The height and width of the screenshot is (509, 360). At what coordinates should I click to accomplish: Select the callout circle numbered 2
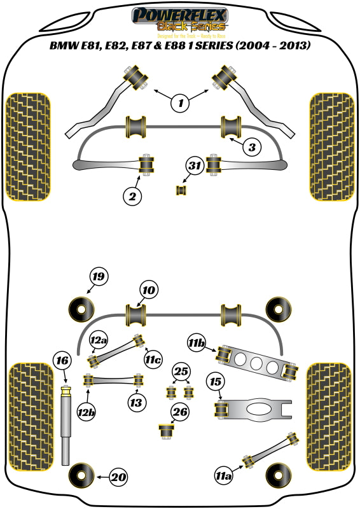pyautogui.click(x=132, y=197)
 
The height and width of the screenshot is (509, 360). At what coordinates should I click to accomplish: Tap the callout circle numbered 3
pyautogui.click(x=252, y=148)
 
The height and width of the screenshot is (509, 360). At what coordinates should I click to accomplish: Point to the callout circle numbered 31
pyautogui.click(x=195, y=167)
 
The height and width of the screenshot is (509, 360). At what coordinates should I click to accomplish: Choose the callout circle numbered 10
pyautogui.click(x=149, y=290)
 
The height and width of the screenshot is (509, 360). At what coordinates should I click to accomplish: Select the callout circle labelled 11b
pyautogui.click(x=196, y=344)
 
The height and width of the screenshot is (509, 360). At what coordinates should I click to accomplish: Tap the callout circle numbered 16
pyautogui.click(x=62, y=361)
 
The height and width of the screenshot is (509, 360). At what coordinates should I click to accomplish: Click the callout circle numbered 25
pyautogui.click(x=182, y=371)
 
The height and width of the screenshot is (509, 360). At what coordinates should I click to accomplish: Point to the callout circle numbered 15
pyautogui.click(x=216, y=382)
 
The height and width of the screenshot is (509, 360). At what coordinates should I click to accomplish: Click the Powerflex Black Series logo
pyautogui.click(x=179, y=20)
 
